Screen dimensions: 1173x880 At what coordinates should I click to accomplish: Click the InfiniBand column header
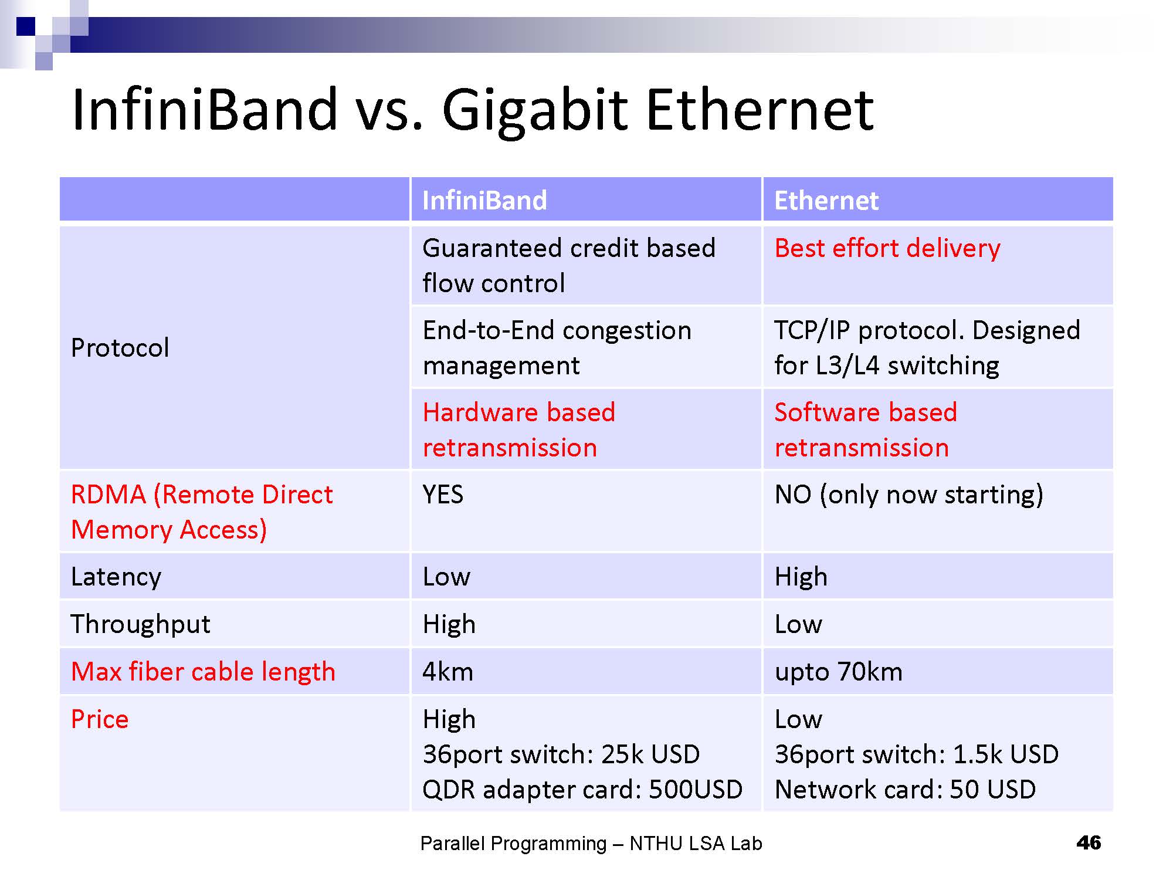pos(484,201)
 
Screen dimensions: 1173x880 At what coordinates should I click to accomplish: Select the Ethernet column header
pos(826,201)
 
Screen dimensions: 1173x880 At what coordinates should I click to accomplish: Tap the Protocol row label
pos(120,348)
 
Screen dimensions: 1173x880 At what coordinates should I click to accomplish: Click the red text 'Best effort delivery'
pos(887,248)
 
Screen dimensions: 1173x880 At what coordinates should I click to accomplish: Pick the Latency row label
pos(116,577)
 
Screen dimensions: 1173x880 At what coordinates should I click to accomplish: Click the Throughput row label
pos(140,624)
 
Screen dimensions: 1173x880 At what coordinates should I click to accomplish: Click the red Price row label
pos(100,719)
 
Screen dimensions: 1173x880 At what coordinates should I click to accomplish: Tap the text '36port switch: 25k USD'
pos(561,754)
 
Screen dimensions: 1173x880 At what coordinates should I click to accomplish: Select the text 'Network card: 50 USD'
pos(905,790)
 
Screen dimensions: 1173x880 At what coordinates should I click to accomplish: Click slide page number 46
pos(1089,843)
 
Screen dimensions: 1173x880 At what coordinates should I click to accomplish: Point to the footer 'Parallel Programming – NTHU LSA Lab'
pos(591,844)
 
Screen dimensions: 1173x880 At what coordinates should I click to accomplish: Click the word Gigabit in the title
pos(535,111)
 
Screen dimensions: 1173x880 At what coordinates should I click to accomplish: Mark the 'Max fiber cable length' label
pos(203,672)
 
